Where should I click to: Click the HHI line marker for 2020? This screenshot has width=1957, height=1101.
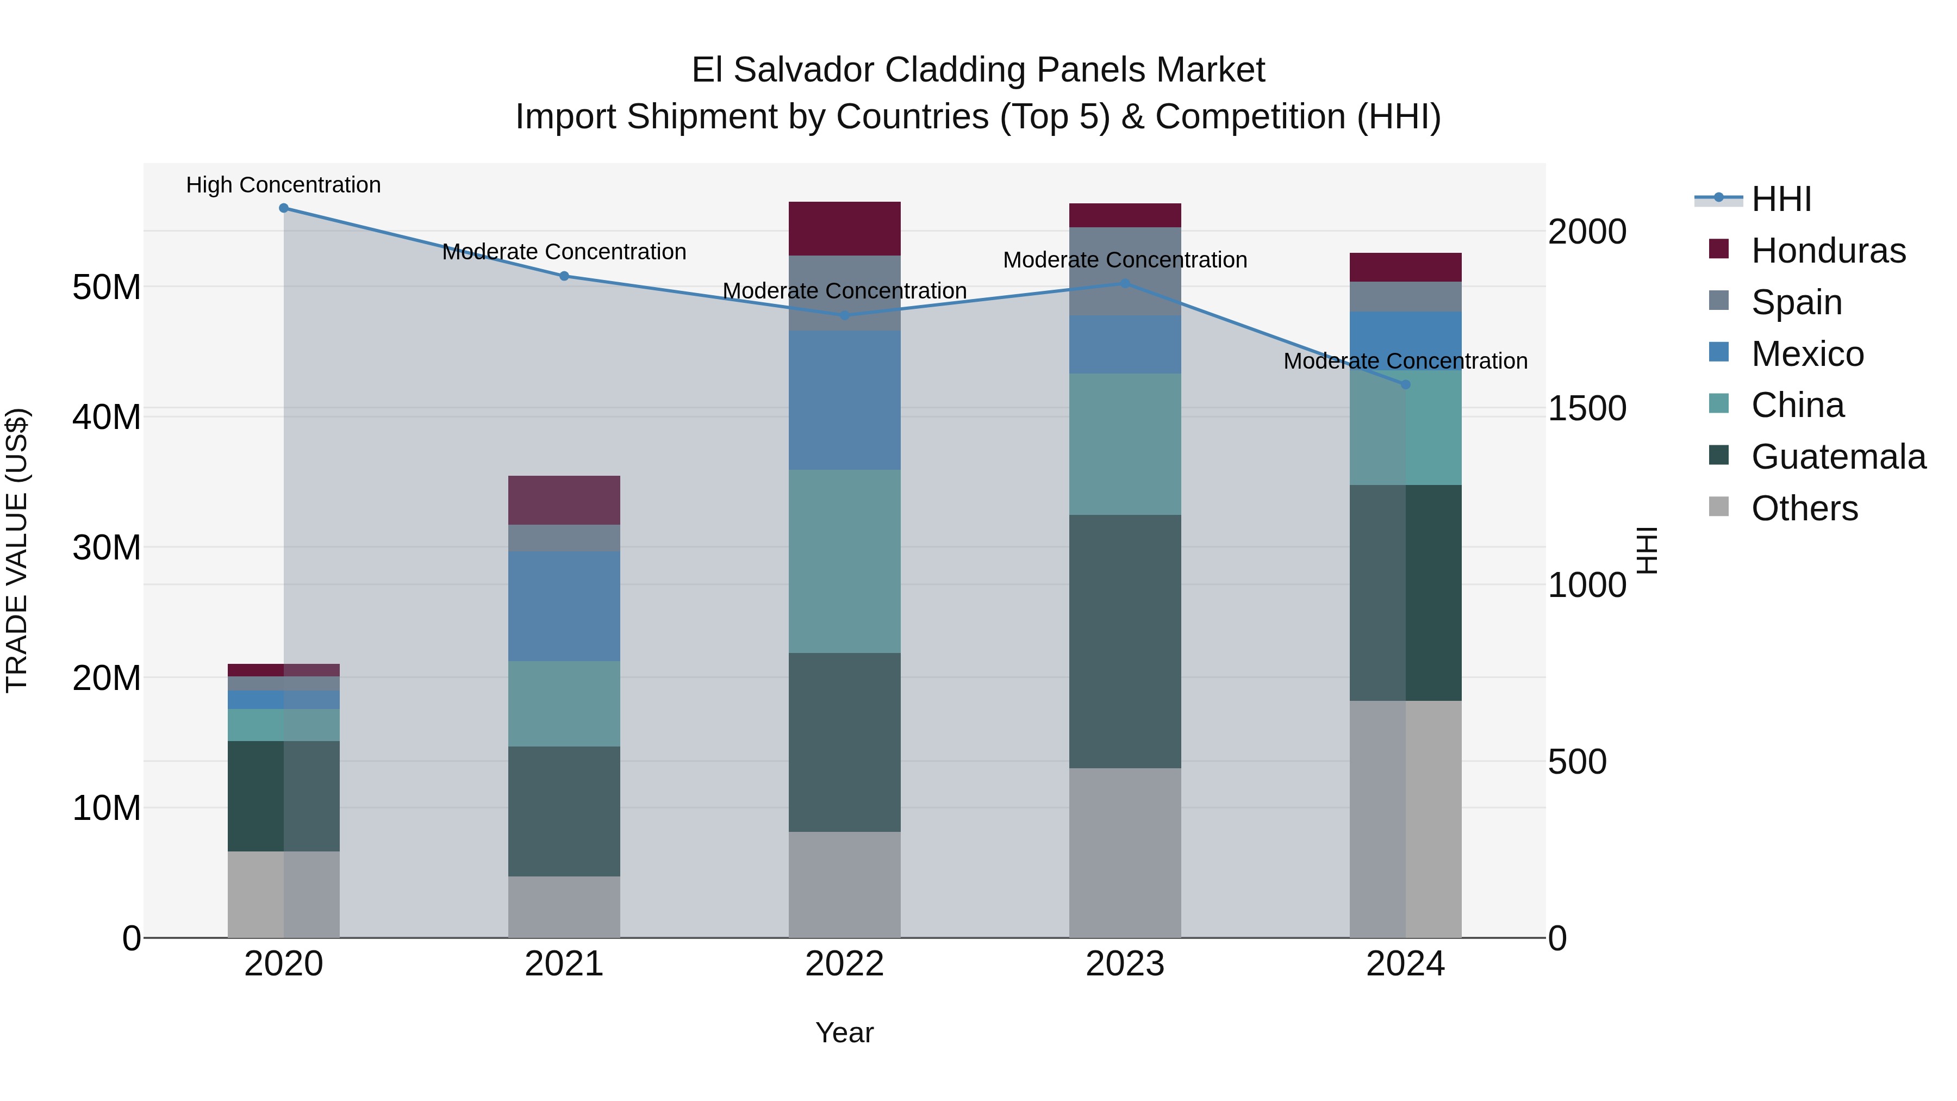(283, 208)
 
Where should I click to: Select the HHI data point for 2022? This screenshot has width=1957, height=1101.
(844, 315)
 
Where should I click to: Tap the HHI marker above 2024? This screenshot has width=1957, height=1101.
(1405, 384)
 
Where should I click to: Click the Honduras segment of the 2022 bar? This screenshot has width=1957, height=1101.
(844, 229)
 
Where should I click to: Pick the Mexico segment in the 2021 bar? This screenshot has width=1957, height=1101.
(564, 606)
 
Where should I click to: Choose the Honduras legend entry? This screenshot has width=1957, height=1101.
(1828, 251)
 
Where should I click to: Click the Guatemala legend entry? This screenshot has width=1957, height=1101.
(1838, 457)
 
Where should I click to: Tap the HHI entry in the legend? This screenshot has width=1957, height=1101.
(1781, 199)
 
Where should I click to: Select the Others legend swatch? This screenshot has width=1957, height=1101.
(1718, 507)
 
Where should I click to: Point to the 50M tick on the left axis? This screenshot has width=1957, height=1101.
(107, 287)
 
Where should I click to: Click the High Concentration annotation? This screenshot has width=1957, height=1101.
(283, 185)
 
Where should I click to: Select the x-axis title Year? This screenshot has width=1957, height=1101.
(844, 1032)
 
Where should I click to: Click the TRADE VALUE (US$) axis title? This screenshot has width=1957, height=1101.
(17, 550)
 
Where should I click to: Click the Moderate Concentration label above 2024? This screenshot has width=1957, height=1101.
(1405, 361)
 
